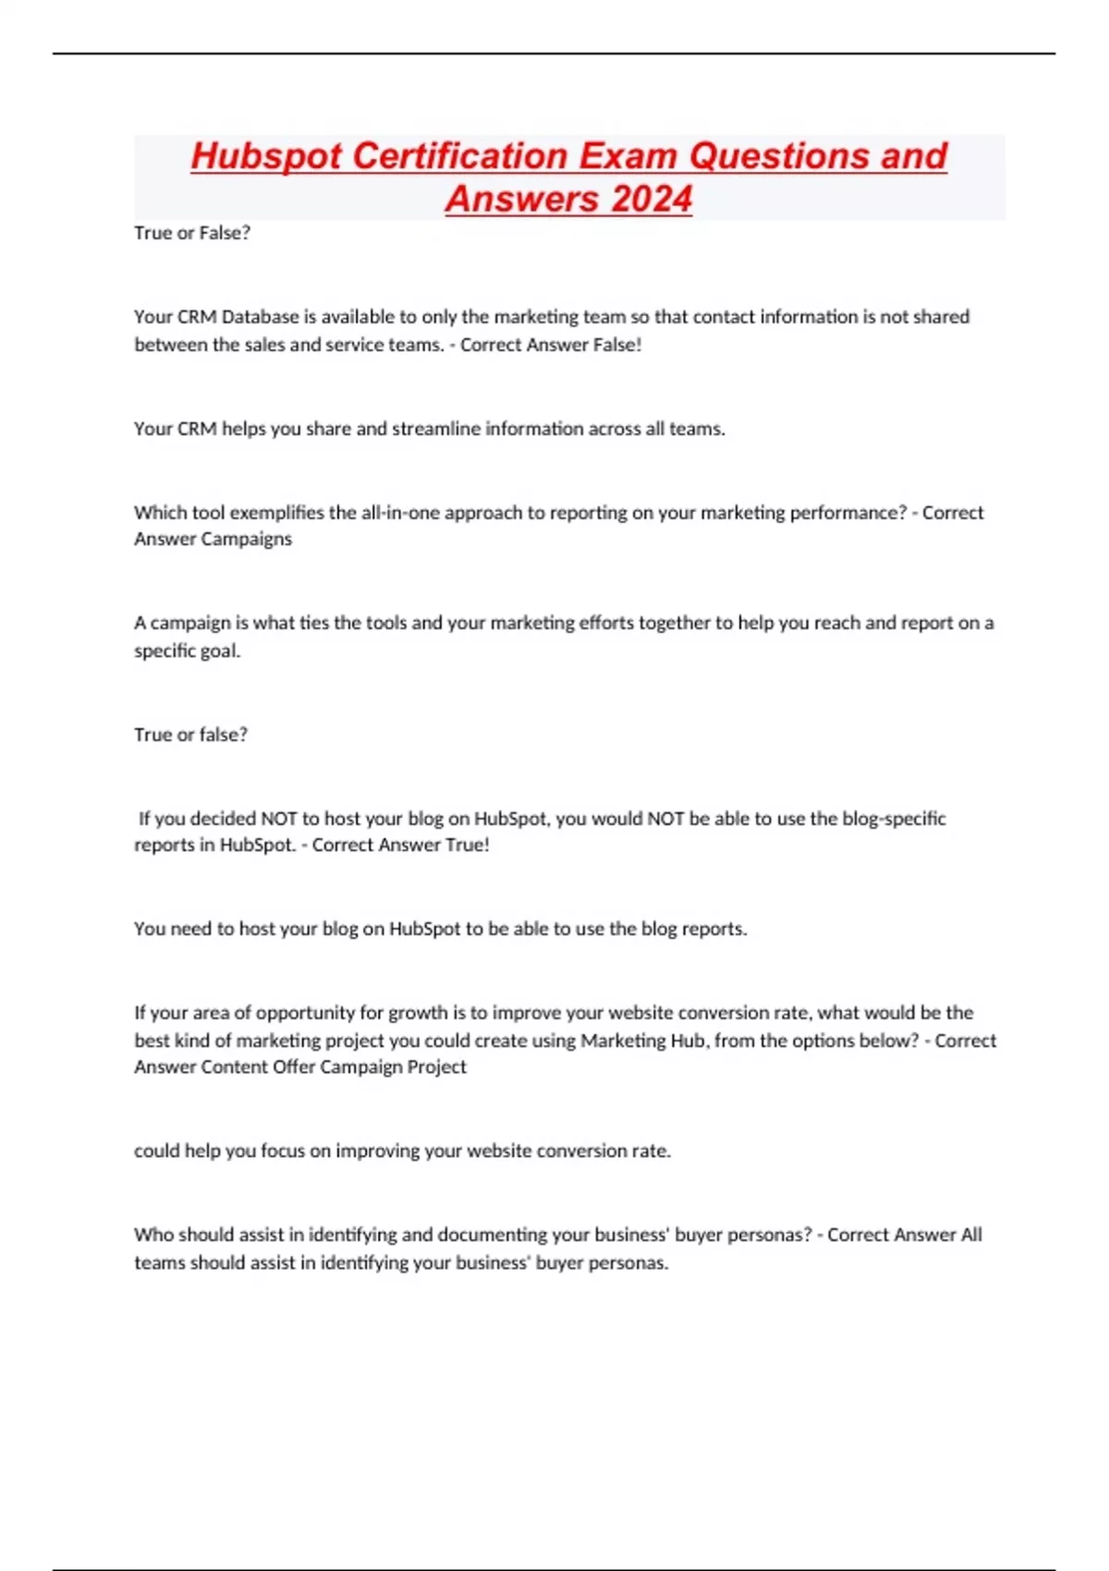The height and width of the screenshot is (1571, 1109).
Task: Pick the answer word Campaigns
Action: tap(250, 539)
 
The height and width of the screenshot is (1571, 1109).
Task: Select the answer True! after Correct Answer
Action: tap(468, 845)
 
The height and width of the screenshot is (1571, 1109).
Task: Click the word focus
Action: tap(283, 1151)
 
